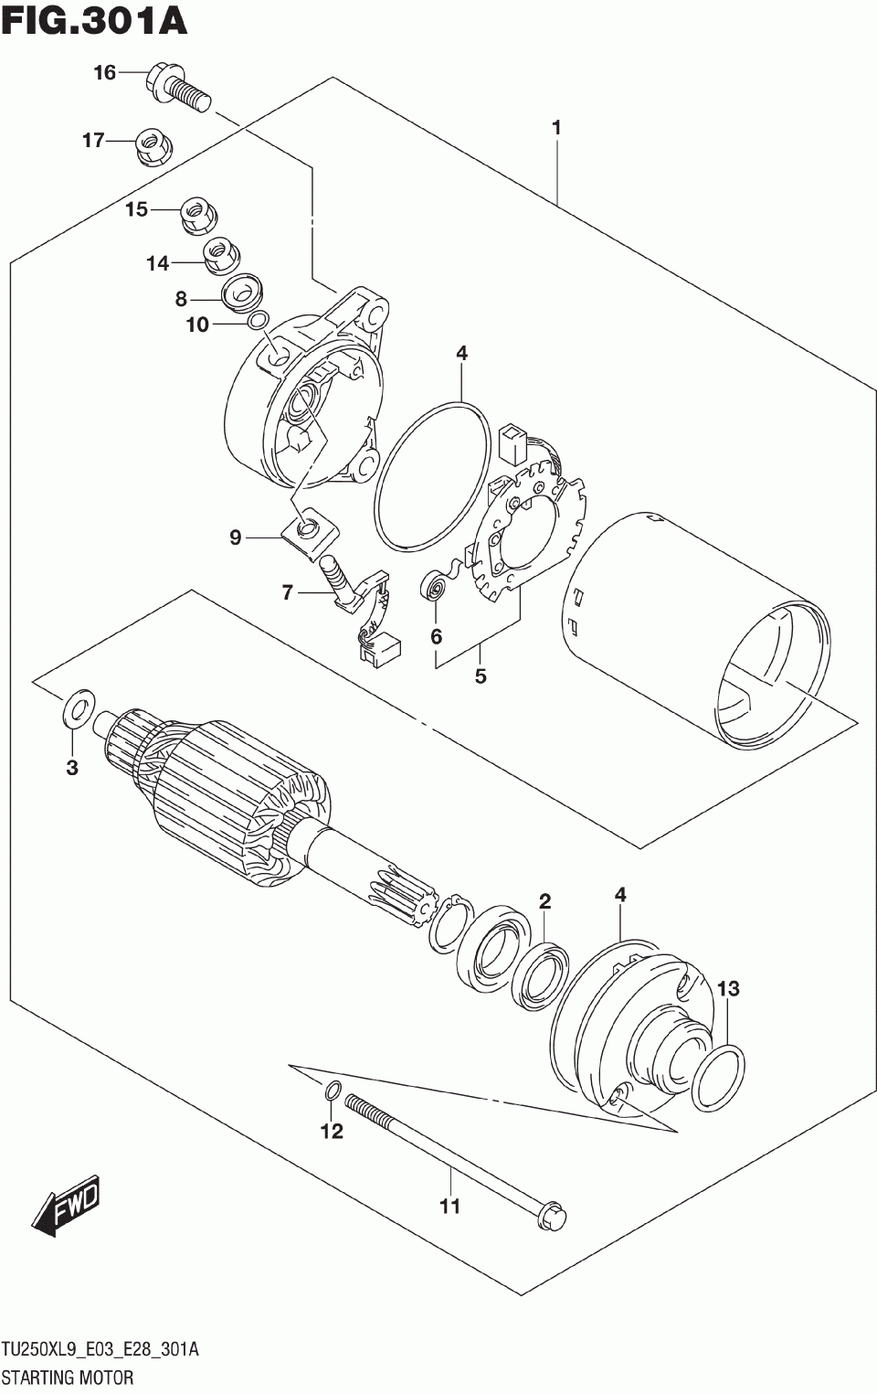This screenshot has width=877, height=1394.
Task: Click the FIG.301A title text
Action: point(94,21)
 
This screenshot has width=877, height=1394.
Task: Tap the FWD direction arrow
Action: point(66,1209)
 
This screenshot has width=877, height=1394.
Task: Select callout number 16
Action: point(105,72)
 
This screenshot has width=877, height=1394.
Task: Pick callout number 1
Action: point(555,128)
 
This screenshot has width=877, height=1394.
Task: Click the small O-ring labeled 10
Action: point(259,320)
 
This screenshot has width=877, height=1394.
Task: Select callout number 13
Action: point(727,988)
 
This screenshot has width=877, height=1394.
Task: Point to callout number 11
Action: point(449,1207)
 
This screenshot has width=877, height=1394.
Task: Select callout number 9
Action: point(235,537)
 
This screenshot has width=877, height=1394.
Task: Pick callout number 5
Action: point(481,676)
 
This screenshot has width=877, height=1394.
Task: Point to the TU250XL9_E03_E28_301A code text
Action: point(100,1350)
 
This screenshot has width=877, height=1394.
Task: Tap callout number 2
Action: point(544,901)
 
